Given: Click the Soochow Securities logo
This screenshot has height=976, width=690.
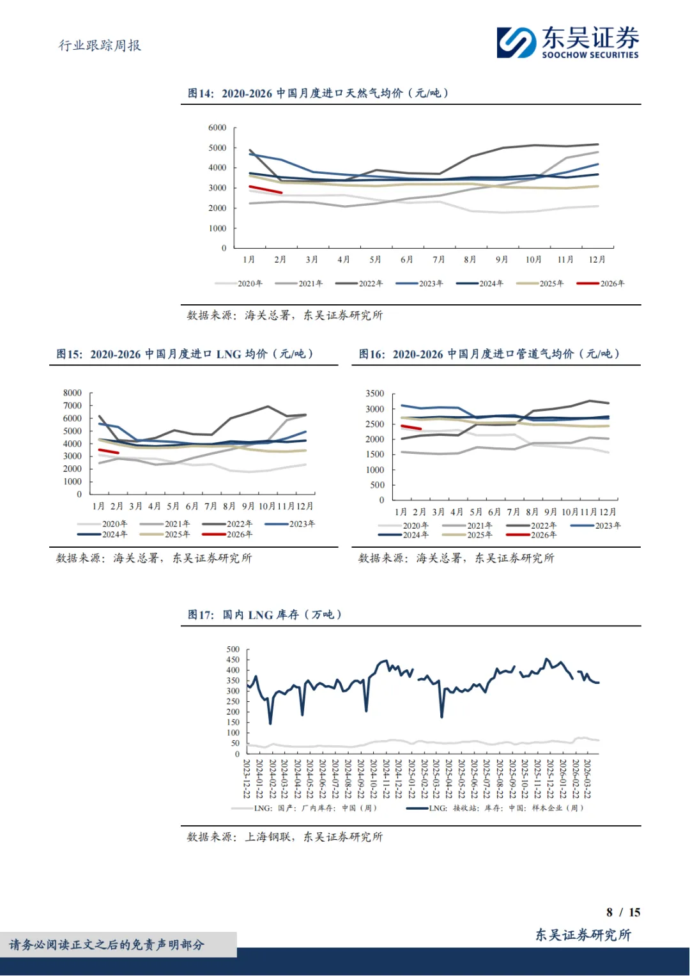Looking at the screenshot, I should (567, 42).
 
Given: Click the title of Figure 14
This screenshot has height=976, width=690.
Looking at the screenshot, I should (318, 93).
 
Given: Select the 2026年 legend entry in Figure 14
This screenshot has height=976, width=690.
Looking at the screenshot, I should (601, 283).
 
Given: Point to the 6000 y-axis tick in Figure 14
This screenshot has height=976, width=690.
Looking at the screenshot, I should (217, 128).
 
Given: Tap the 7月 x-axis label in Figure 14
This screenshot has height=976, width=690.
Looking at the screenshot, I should (438, 259).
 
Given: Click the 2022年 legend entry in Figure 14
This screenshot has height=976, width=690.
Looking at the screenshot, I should (359, 283).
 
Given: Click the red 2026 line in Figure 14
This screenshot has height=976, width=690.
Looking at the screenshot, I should (265, 189).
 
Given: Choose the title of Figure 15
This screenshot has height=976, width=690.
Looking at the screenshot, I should (185, 354).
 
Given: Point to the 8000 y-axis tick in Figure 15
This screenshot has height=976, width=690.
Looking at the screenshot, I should (72, 393).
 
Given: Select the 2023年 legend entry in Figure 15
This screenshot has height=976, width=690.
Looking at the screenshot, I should (290, 524).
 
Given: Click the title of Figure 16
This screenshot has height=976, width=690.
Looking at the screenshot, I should (489, 354).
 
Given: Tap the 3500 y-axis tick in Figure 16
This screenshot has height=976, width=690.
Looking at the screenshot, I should (375, 394).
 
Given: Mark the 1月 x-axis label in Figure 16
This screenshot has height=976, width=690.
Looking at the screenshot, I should (401, 512).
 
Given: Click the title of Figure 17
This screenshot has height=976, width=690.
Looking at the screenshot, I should (264, 615).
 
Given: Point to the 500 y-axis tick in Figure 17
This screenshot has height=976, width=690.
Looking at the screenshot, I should (233, 649).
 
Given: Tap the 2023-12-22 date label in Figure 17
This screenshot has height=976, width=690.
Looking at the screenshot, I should (247, 778).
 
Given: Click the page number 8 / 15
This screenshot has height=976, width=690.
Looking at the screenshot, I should (623, 912).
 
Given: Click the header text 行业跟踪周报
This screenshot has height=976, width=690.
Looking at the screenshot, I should (100, 45).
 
